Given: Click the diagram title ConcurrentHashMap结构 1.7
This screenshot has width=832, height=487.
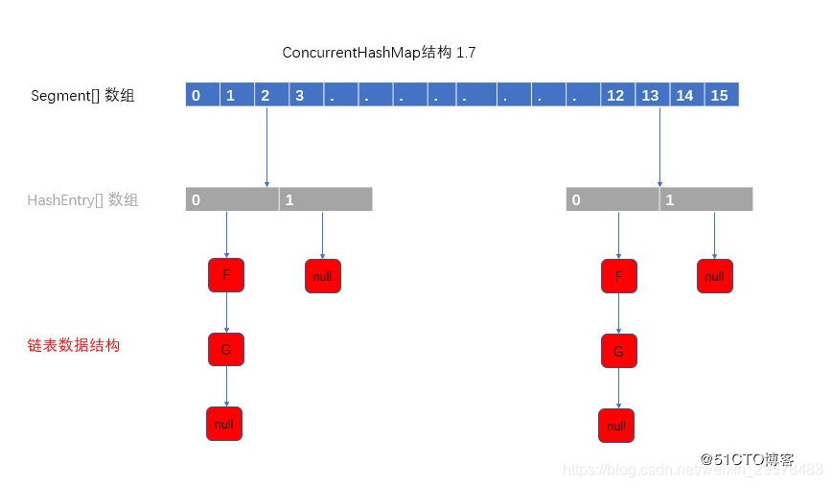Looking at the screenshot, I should click(x=379, y=53).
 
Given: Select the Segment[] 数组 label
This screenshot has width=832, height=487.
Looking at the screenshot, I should click(x=82, y=96).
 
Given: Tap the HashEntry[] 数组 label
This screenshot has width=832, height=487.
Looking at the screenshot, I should click(x=82, y=200).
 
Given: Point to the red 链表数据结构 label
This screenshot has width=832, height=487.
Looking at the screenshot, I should click(x=74, y=345).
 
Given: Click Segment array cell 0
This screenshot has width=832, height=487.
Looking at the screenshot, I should click(x=196, y=95).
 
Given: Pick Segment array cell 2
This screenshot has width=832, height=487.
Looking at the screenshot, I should click(x=265, y=95).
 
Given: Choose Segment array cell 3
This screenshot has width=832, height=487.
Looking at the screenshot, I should click(x=299, y=95).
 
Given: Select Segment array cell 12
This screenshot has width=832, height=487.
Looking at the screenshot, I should click(x=615, y=95).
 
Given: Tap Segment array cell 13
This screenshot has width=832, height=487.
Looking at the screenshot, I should click(x=650, y=95).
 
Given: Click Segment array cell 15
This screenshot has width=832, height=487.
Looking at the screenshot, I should click(x=721, y=95).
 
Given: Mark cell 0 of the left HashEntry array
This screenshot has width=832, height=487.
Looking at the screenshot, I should click(x=232, y=199).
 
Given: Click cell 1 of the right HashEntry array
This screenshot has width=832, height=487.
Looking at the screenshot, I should click(x=705, y=199).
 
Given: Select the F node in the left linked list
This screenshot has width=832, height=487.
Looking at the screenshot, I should click(x=226, y=275).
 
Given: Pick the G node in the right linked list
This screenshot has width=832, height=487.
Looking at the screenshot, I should click(x=618, y=352).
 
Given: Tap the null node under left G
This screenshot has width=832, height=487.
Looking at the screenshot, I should click(x=224, y=424).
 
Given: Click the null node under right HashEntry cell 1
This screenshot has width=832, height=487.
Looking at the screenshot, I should click(x=714, y=276).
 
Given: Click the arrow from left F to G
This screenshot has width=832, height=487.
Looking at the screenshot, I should click(x=226, y=313).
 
